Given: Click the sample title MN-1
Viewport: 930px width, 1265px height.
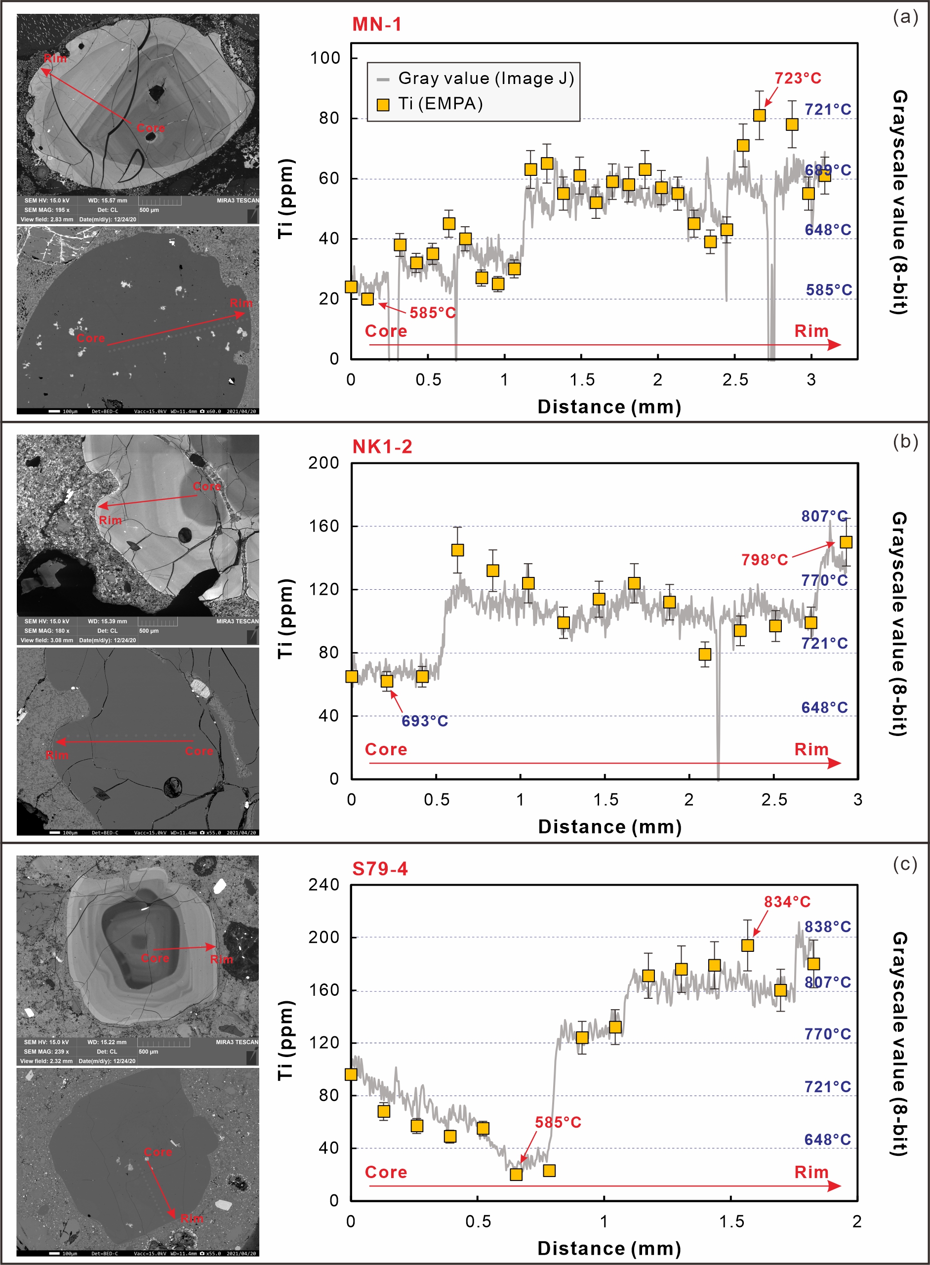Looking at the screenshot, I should [x=377, y=25].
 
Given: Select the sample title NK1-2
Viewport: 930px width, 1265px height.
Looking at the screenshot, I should [x=382, y=447].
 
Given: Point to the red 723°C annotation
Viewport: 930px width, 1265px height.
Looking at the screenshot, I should [x=798, y=78].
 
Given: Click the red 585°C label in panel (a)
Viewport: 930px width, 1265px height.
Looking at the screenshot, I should [x=432, y=313].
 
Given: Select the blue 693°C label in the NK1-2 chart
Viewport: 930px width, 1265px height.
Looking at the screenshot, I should [x=424, y=721].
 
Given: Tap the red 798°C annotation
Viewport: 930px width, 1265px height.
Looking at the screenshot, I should [x=765, y=560].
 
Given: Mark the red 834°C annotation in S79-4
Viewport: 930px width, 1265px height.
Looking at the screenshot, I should [x=787, y=902].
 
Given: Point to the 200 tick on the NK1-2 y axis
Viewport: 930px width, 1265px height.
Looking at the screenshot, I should [x=323, y=463].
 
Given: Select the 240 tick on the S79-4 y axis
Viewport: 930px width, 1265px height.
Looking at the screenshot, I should [x=323, y=885].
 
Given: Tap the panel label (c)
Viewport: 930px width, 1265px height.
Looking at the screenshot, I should [x=905, y=863].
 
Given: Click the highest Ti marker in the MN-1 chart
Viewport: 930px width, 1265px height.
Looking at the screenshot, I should [x=760, y=116].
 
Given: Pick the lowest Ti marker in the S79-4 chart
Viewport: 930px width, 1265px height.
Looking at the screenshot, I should [x=516, y=1175].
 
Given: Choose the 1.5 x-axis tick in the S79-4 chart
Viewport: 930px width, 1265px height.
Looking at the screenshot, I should [x=731, y=1222].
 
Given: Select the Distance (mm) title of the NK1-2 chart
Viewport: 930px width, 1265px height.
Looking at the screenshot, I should [x=609, y=826].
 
